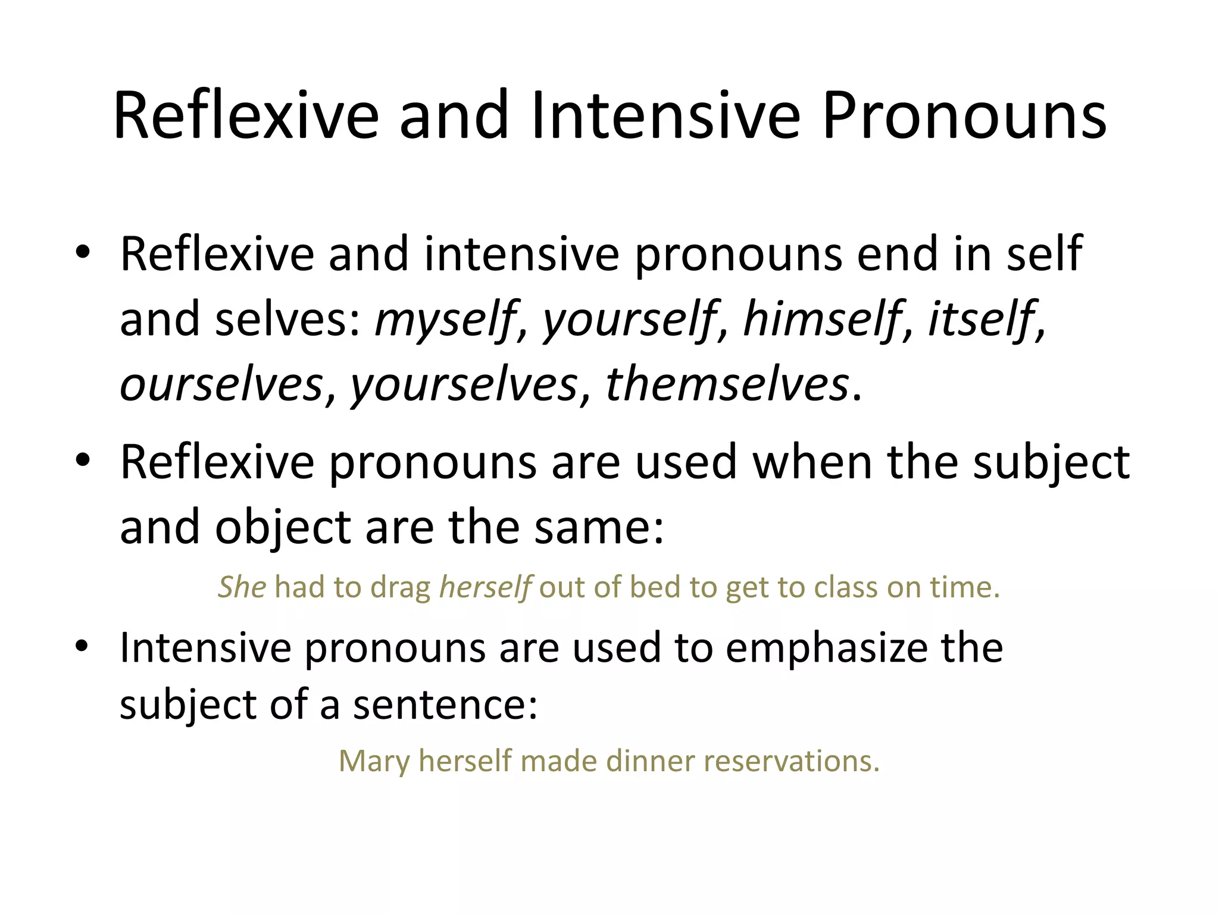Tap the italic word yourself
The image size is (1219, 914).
629,320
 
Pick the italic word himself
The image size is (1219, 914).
821,320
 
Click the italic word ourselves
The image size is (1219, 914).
221,384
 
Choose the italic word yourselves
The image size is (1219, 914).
464,384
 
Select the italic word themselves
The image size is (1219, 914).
727,384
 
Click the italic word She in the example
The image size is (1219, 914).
242,588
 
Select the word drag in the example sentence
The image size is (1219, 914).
400,588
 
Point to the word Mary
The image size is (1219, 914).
374,761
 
